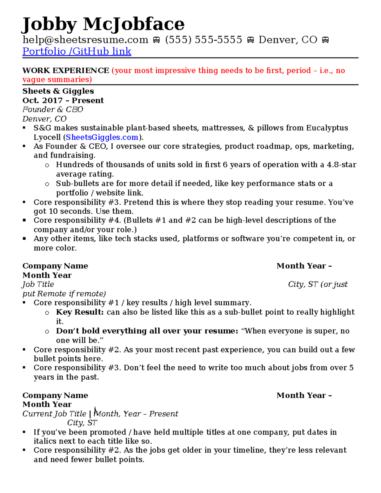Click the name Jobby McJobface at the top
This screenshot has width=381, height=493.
tap(103, 24)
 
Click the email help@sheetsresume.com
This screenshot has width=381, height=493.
tap(85, 40)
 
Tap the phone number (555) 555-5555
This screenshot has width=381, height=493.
tap(203, 40)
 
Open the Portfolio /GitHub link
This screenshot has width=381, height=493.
tap(77, 51)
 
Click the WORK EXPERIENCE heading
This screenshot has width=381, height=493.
tap(66, 70)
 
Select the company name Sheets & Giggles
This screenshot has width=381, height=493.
tap(58, 91)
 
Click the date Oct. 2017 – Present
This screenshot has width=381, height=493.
tap(63, 100)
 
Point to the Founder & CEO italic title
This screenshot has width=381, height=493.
tap(53, 110)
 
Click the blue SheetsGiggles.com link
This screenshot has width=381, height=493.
tap(102, 137)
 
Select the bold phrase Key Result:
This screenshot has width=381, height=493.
tap(80, 312)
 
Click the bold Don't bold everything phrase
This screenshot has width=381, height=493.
tap(147, 331)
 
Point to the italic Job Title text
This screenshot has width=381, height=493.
tap(38, 284)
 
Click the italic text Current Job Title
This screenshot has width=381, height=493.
tap(54, 414)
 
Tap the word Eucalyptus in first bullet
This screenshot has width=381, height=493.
tap(327, 128)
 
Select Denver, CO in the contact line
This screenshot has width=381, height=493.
tap(288, 40)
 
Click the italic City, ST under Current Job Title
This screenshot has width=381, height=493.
tap(82, 423)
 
